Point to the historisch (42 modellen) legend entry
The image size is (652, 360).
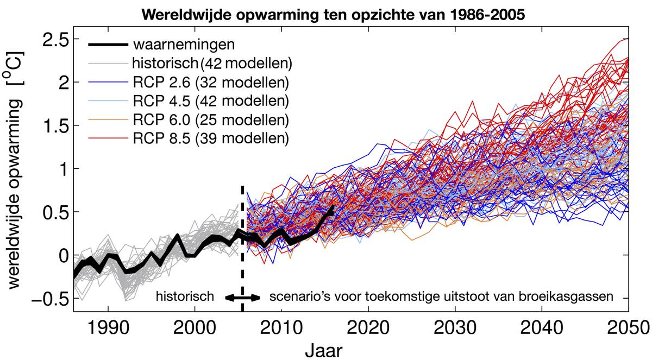pos(212,63)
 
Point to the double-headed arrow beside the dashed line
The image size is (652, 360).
pos(243,298)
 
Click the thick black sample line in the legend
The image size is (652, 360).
pos(108,43)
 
